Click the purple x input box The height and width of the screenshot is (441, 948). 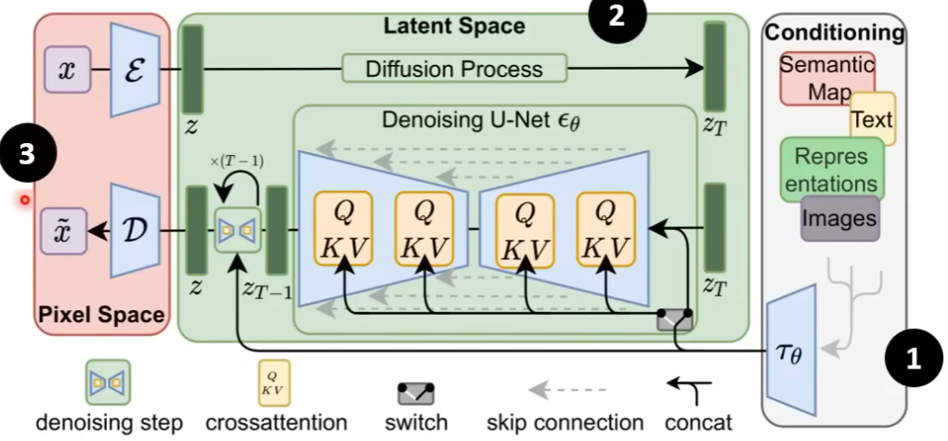(x=66, y=70)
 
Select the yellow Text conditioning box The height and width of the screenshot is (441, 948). (x=872, y=119)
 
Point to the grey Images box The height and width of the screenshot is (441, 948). (x=839, y=218)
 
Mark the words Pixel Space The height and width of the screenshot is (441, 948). (x=101, y=316)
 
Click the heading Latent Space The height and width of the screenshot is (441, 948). (x=454, y=25)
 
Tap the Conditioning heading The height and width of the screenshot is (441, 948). (x=833, y=33)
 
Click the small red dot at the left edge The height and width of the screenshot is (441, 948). (x=25, y=199)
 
